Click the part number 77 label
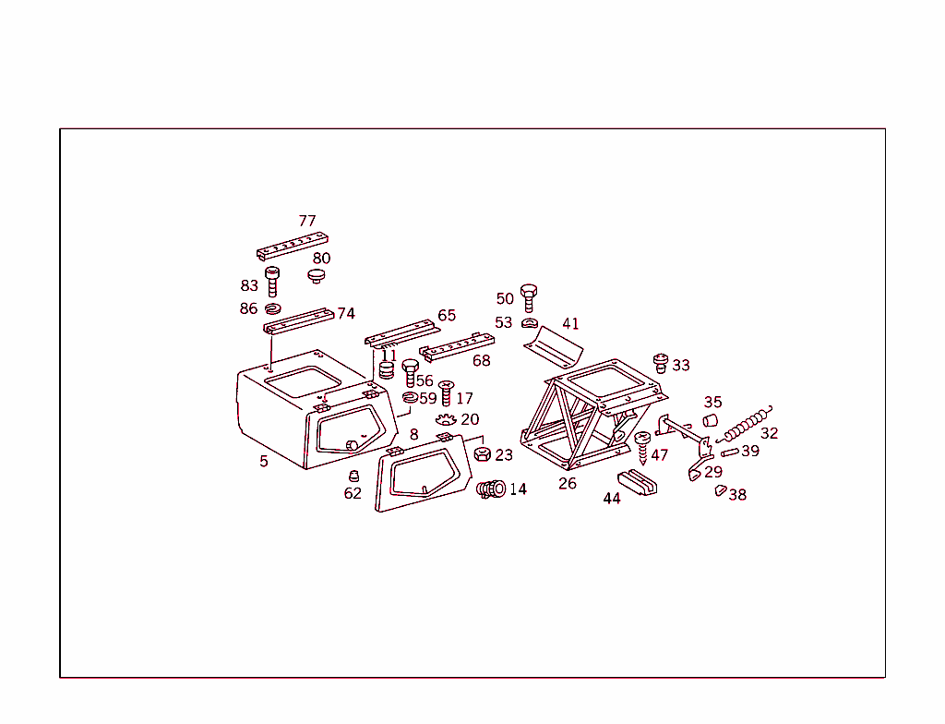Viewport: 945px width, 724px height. point(307,221)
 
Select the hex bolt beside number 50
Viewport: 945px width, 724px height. point(528,298)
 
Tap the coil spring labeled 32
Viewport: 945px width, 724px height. point(745,425)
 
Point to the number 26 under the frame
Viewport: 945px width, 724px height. point(568,483)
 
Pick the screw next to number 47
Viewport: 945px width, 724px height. point(643,446)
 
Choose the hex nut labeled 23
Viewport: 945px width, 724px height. point(482,454)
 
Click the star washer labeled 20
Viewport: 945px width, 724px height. point(446,421)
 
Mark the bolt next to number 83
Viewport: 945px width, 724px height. point(272,280)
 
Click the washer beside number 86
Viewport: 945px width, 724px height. point(273,308)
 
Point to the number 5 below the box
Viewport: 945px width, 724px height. point(264,461)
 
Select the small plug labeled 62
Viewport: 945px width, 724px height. point(353,476)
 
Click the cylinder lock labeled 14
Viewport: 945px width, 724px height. point(490,488)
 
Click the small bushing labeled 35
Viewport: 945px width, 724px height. point(711,420)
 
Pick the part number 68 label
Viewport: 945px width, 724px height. point(482,360)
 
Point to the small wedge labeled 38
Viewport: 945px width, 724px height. point(720,490)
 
